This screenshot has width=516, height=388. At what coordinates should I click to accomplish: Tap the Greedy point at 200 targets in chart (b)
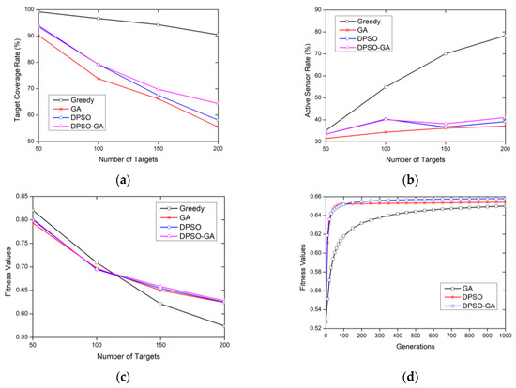coord(506,35)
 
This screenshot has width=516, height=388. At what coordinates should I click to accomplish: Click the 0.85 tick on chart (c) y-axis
coord(34,195)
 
